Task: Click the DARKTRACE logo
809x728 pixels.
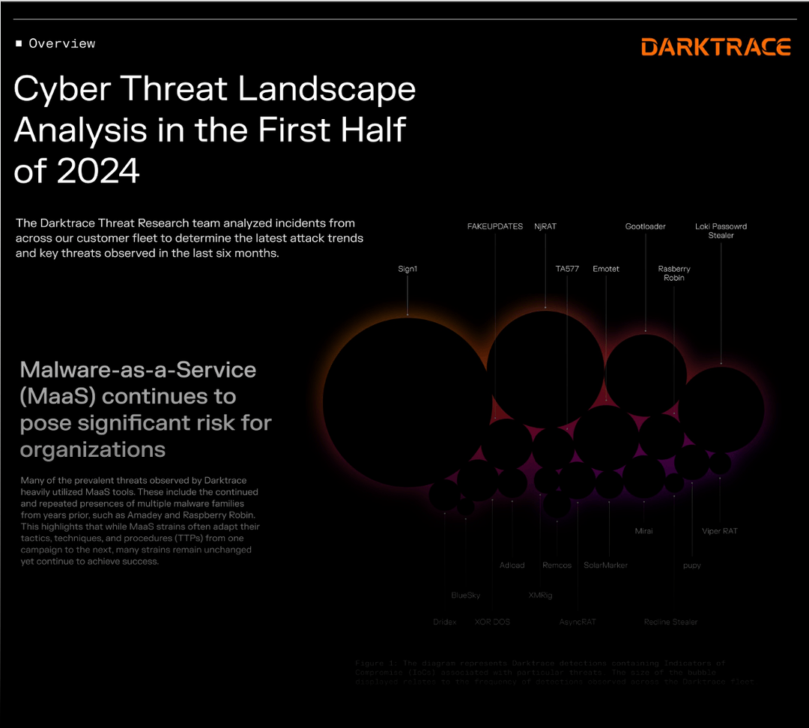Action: tap(716, 47)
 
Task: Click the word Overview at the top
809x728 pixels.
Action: tap(62, 43)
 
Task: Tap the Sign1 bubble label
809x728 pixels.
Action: tap(407, 269)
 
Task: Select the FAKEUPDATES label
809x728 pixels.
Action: tap(495, 226)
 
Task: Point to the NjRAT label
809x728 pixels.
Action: tap(545, 226)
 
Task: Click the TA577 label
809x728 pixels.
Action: tap(567, 269)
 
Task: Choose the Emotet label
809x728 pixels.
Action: tap(606, 269)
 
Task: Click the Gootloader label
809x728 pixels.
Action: tap(645, 226)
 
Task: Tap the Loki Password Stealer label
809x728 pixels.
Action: tap(721, 231)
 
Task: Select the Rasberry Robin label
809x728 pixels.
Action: tap(674, 273)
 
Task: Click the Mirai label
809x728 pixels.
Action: tap(643, 531)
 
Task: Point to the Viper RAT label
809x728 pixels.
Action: tap(720, 531)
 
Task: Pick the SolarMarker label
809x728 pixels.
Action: tap(605, 565)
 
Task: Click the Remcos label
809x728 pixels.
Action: tap(557, 565)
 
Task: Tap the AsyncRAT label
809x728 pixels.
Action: tap(578, 622)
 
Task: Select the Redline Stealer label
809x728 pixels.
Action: tap(670, 622)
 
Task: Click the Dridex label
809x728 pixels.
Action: tap(444, 622)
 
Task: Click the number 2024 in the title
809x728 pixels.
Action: tap(97, 171)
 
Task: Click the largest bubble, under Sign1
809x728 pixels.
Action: tap(407, 401)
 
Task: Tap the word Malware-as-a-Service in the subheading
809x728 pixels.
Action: tap(138, 370)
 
